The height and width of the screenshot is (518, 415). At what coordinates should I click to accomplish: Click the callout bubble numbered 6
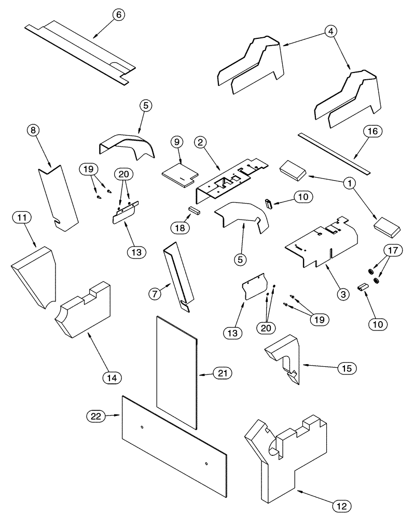tap(118, 15)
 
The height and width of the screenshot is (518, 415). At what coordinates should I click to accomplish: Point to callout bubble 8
tap(34, 131)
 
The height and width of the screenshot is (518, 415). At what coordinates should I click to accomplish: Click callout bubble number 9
tap(176, 141)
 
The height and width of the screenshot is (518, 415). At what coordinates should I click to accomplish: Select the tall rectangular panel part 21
tap(176, 373)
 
